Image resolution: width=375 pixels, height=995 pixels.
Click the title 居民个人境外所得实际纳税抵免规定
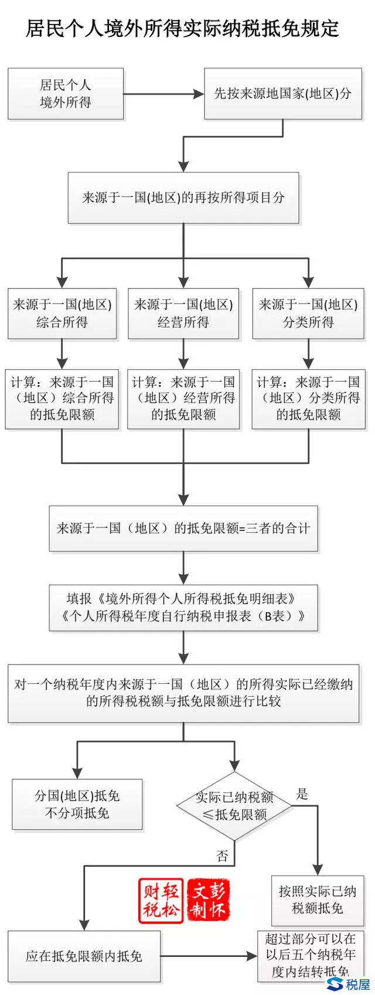pos(182,28)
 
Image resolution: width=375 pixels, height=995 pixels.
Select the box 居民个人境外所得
pos(66,94)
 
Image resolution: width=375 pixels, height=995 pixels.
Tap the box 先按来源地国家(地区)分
pos(282,94)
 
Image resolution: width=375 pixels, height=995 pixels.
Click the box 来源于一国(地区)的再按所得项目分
pos(183,197)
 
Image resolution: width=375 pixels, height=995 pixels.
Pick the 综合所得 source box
pos(62,313)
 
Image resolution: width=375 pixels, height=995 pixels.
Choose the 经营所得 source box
pos(183,313)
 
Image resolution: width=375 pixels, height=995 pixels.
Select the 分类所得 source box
pos(308,313)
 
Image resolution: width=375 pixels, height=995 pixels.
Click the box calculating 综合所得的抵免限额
pos(62,398)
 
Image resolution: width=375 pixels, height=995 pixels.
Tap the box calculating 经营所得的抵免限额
pos(183,398)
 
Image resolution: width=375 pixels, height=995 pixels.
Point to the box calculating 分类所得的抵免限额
pos(308,398)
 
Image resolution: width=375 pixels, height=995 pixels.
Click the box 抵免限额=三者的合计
pos(183,528)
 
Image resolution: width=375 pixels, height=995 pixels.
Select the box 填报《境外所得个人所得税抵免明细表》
pos(183,607)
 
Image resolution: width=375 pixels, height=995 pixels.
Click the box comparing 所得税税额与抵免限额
pos(183,692)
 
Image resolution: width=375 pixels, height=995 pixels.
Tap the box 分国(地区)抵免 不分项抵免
pos(77,804)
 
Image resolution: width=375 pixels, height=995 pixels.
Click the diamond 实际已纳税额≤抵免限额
pos(234,806)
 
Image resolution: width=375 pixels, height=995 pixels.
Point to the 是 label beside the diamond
pos(302,795)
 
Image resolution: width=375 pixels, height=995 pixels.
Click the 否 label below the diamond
pos(223,856)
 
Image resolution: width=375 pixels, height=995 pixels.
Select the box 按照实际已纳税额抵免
pos(317,900)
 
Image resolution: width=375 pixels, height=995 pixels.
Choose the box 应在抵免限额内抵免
pos(84,956)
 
